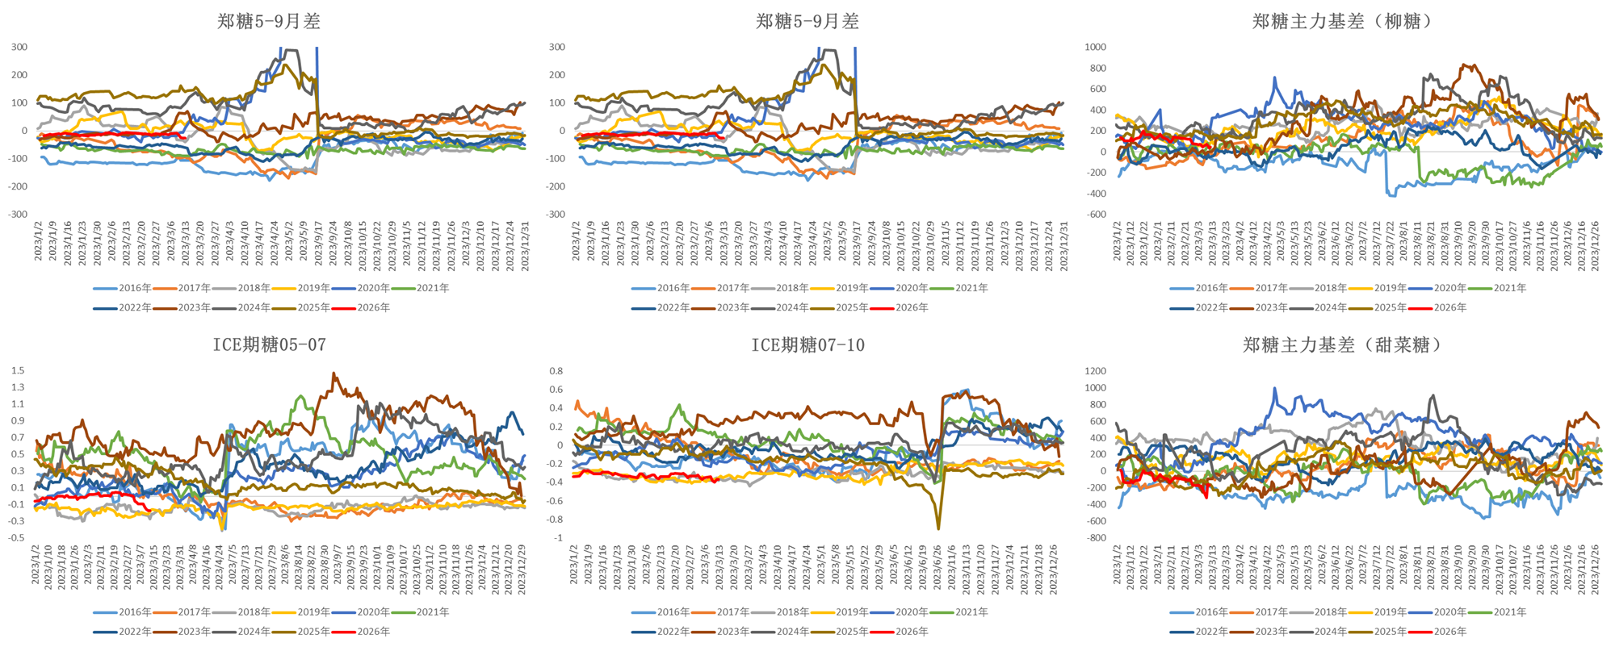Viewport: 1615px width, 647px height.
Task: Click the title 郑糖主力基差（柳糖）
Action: (x=1343, y=22)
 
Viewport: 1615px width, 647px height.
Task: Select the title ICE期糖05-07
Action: (x=269, y=345)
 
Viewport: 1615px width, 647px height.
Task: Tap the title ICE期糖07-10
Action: (x=807, y=345)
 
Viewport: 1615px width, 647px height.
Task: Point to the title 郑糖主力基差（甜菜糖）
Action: (x=1343, y=345)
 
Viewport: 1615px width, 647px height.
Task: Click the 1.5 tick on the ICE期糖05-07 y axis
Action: (x=18, y=370)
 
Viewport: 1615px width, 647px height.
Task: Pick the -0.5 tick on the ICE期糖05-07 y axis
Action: (x=17, y=537)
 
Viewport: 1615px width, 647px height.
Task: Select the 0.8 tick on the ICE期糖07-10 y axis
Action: (x=556, y=371)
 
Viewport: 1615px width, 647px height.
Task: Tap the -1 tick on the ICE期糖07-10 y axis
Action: (x=558, y=537)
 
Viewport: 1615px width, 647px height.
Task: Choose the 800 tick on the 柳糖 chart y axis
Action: (x=1097, y=68)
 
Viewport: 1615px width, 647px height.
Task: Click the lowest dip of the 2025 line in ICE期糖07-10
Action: (x=938, y=528)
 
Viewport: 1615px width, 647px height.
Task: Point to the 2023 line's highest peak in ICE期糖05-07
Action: (x=333, y=374)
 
